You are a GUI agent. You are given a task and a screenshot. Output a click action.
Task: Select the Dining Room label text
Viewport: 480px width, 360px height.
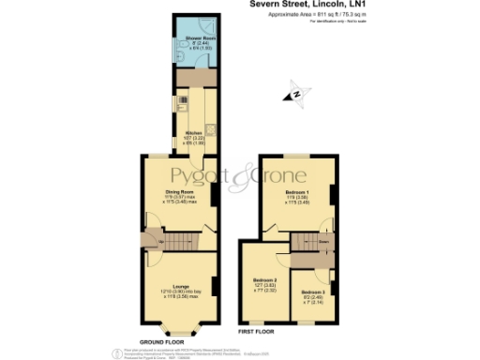[178, 192]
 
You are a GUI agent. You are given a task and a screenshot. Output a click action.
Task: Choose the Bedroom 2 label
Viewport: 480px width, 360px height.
[264, 280]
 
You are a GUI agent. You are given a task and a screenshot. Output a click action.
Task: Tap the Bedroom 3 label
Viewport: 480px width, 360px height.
[312, 292]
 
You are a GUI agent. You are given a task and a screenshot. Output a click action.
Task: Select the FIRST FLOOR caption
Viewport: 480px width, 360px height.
[255, 333]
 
